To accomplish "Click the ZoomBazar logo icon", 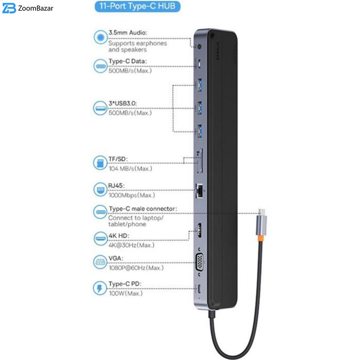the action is coord(9,8).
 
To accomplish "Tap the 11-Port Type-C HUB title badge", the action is coord(137,6).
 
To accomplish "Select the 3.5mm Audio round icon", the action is coord(100,37).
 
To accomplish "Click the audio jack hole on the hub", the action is coord(199,47).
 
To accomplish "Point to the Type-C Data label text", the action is coord(127,61).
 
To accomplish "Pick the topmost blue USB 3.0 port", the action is coord(199,85).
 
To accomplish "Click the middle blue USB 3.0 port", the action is coord(199,108).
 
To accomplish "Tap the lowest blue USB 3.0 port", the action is coord(199,131).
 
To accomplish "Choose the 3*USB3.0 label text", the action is coord(122,103).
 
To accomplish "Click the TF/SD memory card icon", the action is coord(100,163).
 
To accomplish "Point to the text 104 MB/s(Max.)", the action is coord(130,169).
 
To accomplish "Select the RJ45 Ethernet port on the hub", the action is coord(199,190).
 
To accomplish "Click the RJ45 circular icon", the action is coord(100,189).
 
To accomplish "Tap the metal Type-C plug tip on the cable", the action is coord(262,212).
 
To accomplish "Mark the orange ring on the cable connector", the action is coord(261,238).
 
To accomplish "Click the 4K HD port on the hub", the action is coord(199,230).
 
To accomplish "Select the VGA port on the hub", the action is coord(199,262).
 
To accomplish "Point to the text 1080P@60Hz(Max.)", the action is coord(136,268).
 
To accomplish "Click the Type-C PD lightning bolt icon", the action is coord(100,288).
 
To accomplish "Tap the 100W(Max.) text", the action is coord(126,293).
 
